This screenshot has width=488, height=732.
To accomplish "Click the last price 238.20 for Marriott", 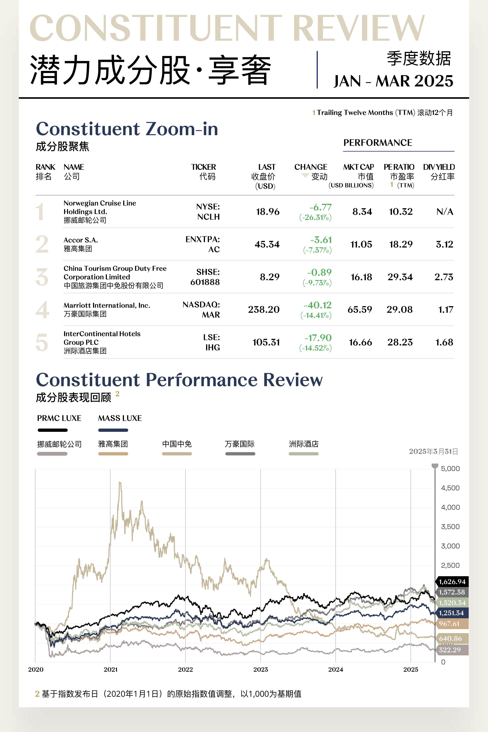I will click(264, 310).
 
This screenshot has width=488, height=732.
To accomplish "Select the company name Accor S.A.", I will click(81, 240).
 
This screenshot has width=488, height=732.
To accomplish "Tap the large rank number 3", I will click(42, 277).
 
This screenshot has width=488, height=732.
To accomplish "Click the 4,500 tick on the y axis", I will click(450, 488).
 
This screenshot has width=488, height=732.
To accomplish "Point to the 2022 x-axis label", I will click(185, 669).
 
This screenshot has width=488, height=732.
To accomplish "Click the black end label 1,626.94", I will click(452, 582).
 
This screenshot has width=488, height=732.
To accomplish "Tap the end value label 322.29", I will click(449, 650).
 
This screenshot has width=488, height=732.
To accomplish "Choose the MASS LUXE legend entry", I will click(120, 418).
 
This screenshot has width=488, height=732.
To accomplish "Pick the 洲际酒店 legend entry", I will click(303, 444).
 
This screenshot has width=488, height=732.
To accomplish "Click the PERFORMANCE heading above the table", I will click(378, 143).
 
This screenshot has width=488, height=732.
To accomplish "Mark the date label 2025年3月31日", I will click(433, 452).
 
